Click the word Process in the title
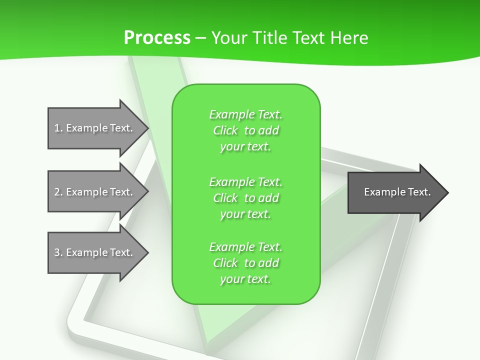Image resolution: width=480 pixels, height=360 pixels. [x=157, y=37]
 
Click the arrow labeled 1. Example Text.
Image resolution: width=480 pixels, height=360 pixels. [x=95, y=128]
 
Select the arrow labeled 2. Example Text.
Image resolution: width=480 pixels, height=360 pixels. [x=95, y=192]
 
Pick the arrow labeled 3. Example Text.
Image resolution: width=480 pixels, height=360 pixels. [x=95, y=252]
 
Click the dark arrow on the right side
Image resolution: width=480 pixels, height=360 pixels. [x=395, y=192]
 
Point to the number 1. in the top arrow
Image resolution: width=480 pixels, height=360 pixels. [x=58, y=128]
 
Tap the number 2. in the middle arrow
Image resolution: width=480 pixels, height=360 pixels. [x=58, y=192]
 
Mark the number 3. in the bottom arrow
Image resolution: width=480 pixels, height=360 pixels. [x=58, y=252]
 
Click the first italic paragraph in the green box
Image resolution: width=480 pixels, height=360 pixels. [x=245, y=130]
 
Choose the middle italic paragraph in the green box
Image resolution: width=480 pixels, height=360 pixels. [x=245, y=198]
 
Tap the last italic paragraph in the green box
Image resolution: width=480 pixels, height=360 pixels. [x=245, y=263]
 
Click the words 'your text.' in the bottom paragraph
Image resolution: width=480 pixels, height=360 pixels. [x=245, y=279]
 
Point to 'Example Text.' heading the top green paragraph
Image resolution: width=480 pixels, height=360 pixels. [x=245, y=114]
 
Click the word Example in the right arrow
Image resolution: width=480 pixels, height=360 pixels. [x=381, y=192]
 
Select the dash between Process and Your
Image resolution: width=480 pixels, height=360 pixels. [x=200, y=38]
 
